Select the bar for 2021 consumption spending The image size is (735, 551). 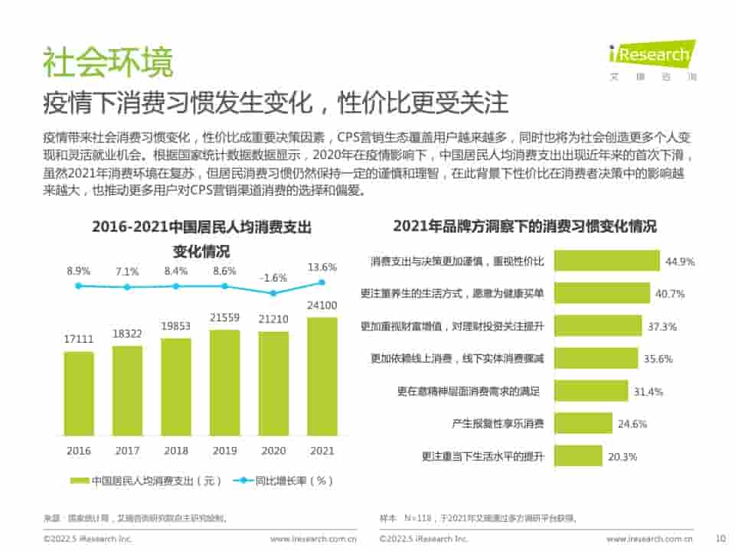click(x=322, y=375)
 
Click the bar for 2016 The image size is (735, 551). click(x=80, y=393)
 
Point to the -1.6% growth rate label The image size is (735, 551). click(x=273, y=278)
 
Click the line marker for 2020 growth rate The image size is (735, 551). click(x=273, y=292)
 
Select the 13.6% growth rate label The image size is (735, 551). click(x=322, y=268)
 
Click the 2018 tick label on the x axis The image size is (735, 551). click(x=176, y=451)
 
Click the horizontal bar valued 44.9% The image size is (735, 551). click(x=606, y=261)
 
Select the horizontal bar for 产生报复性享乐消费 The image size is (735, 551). click(x=583, y=423)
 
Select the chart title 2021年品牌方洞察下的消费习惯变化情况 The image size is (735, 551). click(x=524, y=227)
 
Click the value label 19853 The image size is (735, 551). click(x=176, y=327)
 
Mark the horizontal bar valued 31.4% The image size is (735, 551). click(x=590, y=391)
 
